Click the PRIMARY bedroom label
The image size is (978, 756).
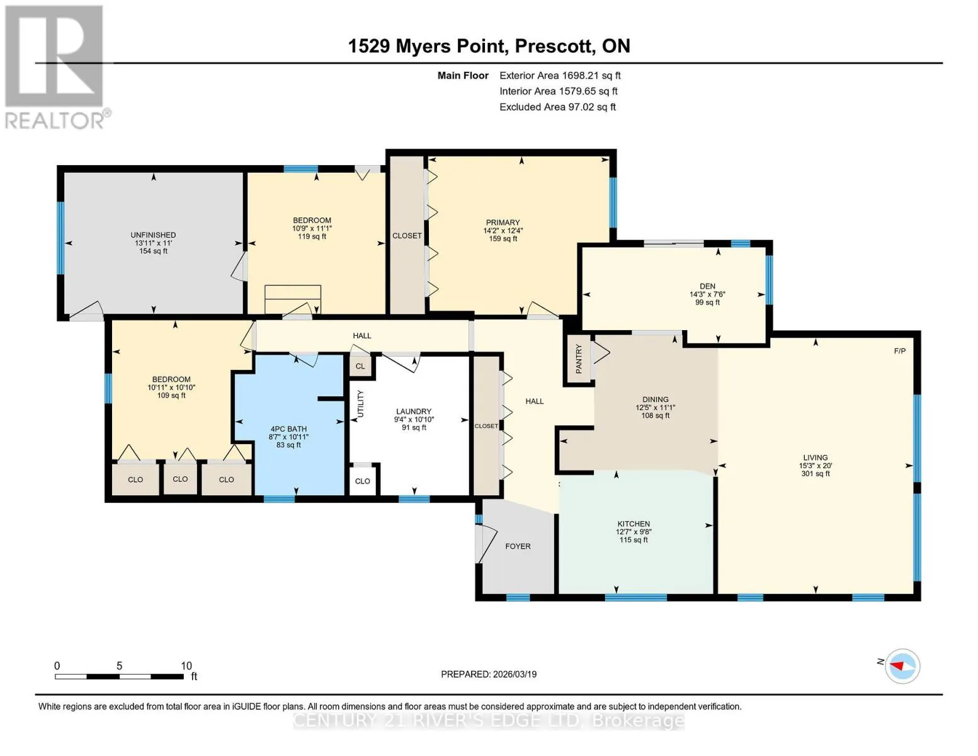[x=503, y=222]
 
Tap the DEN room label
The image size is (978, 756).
[x=707, y=286]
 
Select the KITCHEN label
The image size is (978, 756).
[x=634, y=524]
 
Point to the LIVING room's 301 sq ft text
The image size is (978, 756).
[x=815, y=474]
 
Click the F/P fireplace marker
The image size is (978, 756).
[x=899, y=351]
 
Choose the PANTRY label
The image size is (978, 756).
[x=579, y=359]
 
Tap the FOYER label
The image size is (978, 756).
[x=518, y=546]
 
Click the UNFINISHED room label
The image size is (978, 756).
[x=153, y=234]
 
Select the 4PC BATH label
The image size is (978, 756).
[x=288, y=428]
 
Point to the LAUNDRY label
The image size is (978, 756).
[x=414, y=411]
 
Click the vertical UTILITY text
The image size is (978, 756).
[x=360, y=403]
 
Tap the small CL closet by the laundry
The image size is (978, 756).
[x=360, y=366]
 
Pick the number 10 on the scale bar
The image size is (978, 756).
[x=186, y=665]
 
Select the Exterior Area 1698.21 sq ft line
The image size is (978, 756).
[x=560, y=76]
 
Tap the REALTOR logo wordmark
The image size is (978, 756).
[x=55, y=121]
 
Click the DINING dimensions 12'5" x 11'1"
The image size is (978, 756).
[x=656, y=408]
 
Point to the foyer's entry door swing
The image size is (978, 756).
[x=487, y=544]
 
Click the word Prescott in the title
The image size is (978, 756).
[x=554, y=46]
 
